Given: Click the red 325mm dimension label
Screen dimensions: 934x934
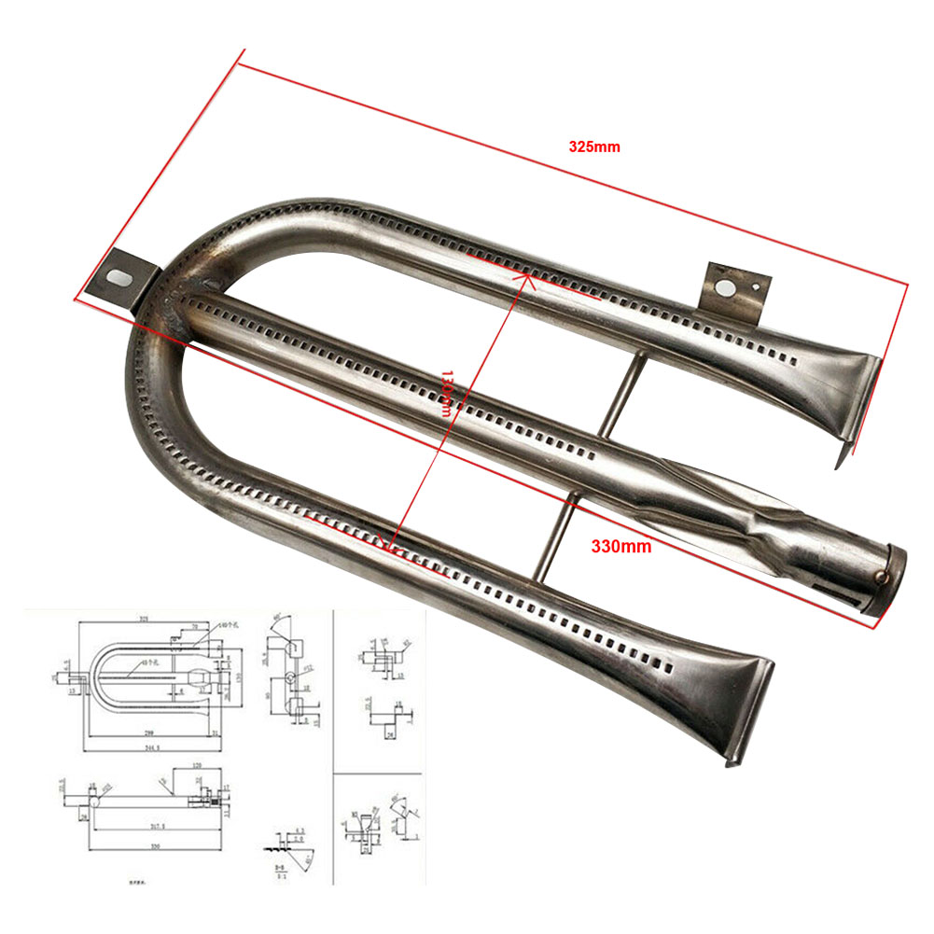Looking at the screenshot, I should pyautogui.click(x=594, y=146).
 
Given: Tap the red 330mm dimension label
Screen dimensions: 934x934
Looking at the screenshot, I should pyautogui.click(x=621, y=546).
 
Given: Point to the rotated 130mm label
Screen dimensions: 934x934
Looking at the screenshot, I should pyautogui.click(x=448, y=393).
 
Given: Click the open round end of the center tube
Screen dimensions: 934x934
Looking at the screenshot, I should pyautogui.click(x=885, y=579).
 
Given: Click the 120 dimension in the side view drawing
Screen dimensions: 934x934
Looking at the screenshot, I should pyautogui.click(x=197, y=765).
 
